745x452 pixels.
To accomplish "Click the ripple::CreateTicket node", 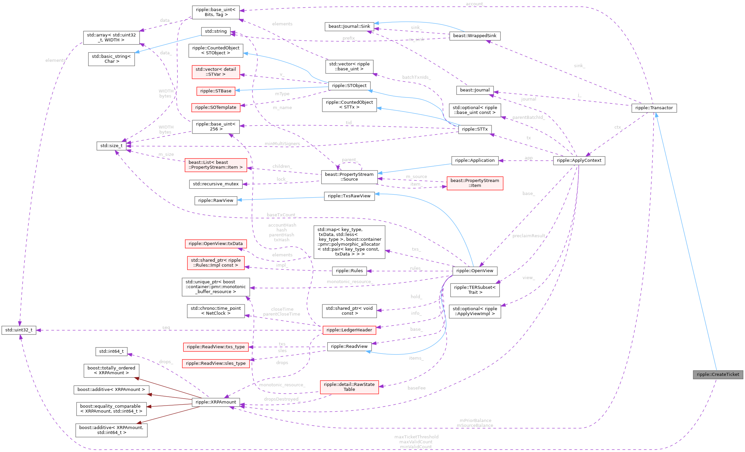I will (x=718, y=375).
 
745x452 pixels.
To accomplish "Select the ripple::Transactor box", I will (x=654, y=108).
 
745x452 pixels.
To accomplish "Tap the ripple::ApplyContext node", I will (x=579, y=161).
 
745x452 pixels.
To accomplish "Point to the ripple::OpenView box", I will (x=475, y=271).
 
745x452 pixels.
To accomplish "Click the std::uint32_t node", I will (x=19, y=330).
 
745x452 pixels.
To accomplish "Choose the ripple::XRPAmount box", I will (x=216, y=402).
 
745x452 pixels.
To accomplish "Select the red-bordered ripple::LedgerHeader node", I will (x=349, y=330).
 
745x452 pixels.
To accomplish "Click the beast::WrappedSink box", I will (x=475, y=36).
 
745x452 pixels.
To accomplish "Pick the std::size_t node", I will (x=112, y=146).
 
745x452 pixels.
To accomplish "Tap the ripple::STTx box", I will (x=475, y=129).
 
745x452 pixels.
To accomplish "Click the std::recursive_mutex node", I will (x=216, y=184).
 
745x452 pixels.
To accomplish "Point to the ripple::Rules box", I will (x=349, y=271).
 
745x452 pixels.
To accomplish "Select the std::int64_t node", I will (x=112, y=351).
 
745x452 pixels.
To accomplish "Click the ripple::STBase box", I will (x=216, y=91).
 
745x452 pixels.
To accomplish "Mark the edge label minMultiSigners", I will (x=282, y=144).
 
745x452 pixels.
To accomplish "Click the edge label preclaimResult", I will (x=529, y=236).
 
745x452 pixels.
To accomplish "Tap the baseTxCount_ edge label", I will (x=281, y=215).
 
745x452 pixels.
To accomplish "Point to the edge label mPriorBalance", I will (x=475, y=420).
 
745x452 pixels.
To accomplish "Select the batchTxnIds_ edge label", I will (x=416, y=77).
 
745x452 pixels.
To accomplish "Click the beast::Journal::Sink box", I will (x=349, y=26).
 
